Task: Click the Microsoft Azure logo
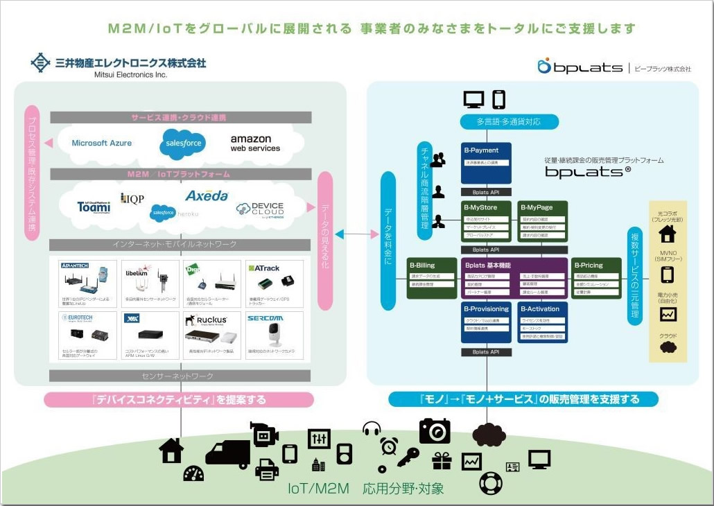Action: [101, 143]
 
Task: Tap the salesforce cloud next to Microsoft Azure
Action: [182, 143]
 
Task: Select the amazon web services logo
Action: [255, 143]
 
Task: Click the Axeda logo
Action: [207, 196]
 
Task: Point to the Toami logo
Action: [94, 205]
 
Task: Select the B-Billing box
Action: [431, 277]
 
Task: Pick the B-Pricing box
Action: [596, 277]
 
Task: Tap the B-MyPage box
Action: [543, 221]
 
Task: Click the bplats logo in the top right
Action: [580, 67]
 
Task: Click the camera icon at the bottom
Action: [435, 430]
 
